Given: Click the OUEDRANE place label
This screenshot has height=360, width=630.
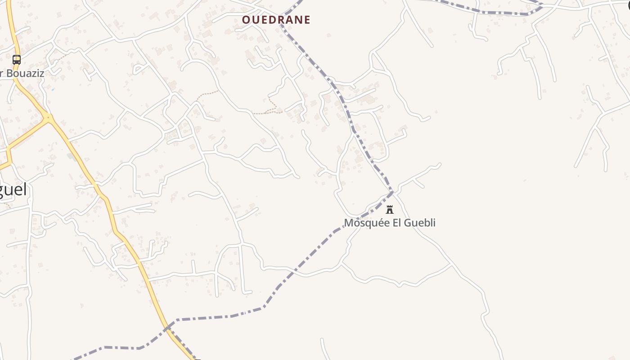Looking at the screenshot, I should click(276, 20).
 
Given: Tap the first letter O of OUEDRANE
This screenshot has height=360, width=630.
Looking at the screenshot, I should click(246, 20).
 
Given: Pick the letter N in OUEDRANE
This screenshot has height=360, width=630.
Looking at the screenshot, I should click(298, 20).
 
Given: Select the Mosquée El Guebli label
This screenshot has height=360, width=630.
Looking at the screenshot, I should click(390, 223).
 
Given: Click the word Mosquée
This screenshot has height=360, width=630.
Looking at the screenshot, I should click(362, 223).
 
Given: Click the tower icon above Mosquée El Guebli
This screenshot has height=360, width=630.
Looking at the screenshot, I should click(390, 210).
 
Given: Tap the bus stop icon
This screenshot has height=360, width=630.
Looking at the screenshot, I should click(17, 59).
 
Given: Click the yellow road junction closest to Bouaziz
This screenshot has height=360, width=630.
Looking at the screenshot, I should click(48, 118).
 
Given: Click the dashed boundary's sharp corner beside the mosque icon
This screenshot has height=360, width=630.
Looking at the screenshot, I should click(392, 192).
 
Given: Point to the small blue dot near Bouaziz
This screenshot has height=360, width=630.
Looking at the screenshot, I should click(53, 90).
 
